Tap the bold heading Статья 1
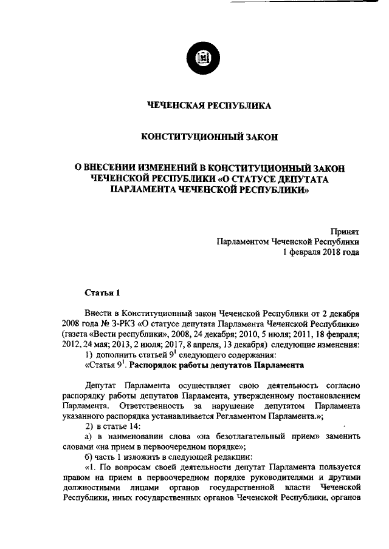(102, 294)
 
